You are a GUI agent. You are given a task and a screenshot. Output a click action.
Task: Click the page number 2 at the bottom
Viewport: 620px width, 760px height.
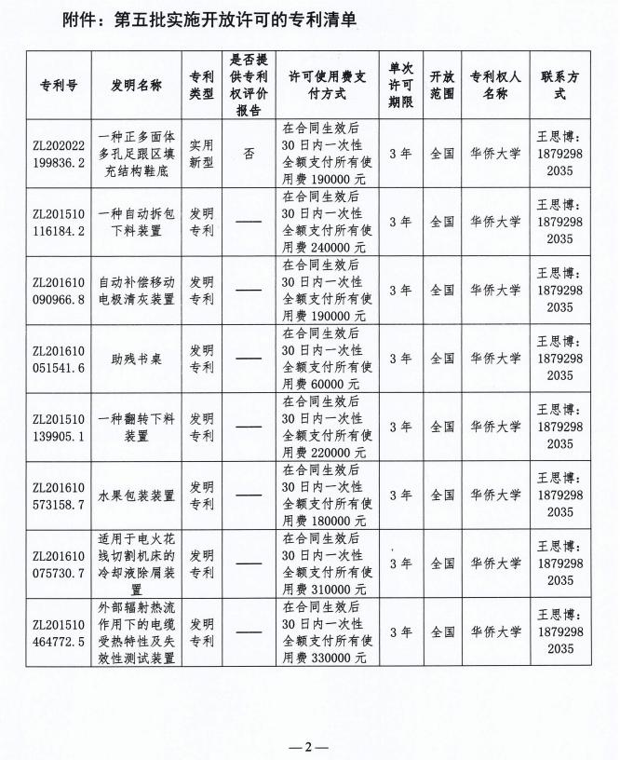pyautogui.click(x=310, y=747)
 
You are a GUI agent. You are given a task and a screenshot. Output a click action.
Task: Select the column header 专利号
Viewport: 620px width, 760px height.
pyautogui.click(x=60, y=85)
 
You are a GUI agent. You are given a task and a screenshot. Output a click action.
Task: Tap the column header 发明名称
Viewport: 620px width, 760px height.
pyautogui.click(x=137, y=85)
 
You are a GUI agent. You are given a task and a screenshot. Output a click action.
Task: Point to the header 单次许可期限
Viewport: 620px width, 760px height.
pyautogui.click(x=400, y=85)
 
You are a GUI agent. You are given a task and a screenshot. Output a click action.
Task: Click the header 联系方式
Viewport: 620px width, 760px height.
pyautogui.click(x=559, y=85)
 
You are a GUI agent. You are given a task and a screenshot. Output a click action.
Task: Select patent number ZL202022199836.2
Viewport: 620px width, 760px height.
pyautogui.click(x=60, y=153)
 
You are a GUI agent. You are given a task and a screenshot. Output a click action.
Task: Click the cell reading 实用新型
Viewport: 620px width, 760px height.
pyautogui.click(x=201, y=153)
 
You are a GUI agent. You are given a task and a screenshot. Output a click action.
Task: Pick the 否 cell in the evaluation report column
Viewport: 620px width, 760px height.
pyautogui.click(x=249, y=153)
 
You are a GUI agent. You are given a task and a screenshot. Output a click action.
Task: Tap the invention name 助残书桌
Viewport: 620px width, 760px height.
pyautogui.click(x=137, y=358)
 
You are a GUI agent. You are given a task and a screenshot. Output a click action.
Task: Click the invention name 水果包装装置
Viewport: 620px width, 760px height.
pyautogui.click(x=137, y=495)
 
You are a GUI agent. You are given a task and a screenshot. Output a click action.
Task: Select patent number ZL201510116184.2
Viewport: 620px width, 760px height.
pyautogui.click(x=60, y=221)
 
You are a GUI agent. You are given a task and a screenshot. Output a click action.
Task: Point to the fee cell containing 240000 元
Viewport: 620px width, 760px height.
pyautogui.click(x=325, y=222)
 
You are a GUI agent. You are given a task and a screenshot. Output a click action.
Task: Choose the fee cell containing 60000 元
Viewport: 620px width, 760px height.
pyautogui.click(x=325, y=359)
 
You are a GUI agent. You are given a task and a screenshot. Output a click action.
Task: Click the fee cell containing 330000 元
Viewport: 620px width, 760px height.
pyautogui.click(x=325, y=631)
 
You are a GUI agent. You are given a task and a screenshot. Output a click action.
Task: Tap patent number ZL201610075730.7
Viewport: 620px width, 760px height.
pyautogui.click(x=60, y=563)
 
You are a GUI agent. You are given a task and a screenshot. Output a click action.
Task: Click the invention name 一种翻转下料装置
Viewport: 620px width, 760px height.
pyautogui.click(x=137, y=427)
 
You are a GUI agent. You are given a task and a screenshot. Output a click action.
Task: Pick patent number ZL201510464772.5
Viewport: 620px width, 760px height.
pyautogui.click(x=60, y=631)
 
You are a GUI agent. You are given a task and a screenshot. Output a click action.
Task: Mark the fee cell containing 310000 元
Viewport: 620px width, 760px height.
pyautogui.click(x=325, y=563)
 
